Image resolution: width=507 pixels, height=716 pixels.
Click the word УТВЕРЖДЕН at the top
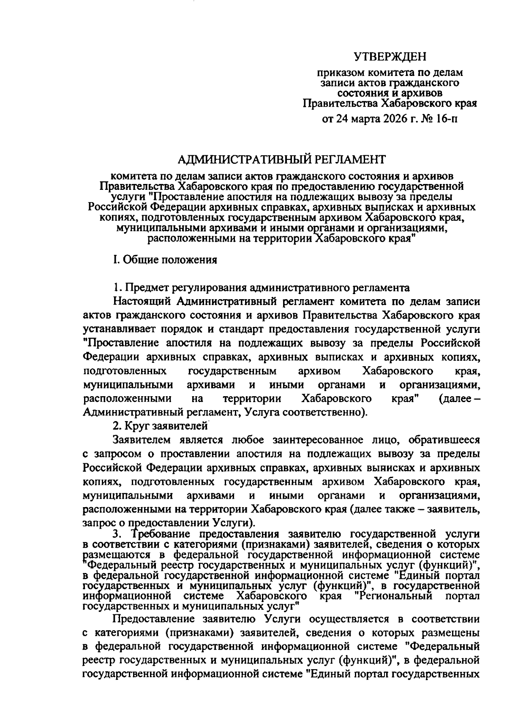pyautogui.click(x=390, y=56)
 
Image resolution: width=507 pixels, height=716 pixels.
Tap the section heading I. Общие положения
pyautogui.click(x=165, y=259)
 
